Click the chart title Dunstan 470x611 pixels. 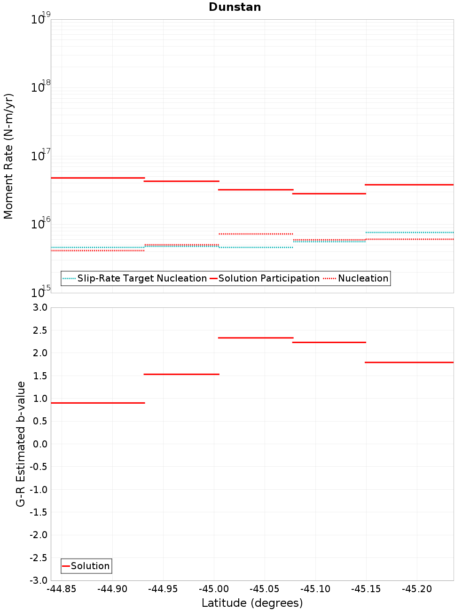coord(235,7)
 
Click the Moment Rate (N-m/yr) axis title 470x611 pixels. coord(8,156)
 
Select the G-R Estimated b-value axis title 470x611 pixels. coord(21,444)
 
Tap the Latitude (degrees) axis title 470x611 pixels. coord(252,603)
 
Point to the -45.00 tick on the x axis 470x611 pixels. coord(214,589)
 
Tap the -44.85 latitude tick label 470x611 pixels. coord(61,589)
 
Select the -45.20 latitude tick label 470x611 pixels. coord(417,589)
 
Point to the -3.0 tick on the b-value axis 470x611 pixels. coord(39,580)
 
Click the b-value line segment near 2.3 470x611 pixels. coord(256,337)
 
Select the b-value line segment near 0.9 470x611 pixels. coord(98,403)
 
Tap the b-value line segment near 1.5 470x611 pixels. coord(181,374)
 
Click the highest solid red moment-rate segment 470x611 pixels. coord(98,178)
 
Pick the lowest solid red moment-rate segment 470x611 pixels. coord(329,194)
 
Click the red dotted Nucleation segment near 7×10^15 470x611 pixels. coord(256,234)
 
